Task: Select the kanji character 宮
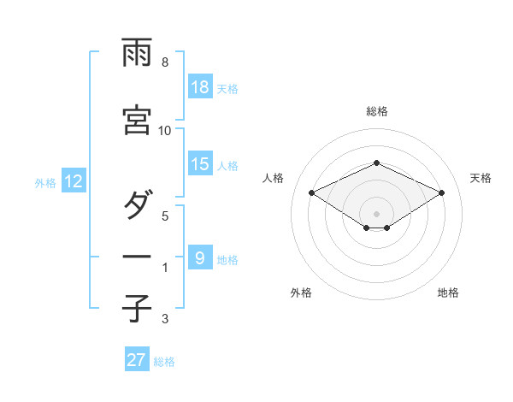pos(138,121)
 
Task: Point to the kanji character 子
pos(138,308)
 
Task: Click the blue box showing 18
pos(200,87)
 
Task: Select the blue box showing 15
pos(200,164)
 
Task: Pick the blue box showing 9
pos(200,257)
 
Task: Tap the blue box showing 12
pos(74,181)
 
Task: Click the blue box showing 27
pos(137,360)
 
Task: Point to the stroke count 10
pos(165,130)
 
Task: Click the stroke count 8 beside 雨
pos(165,62)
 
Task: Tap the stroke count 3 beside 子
pos(165,320)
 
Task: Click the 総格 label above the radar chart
pos(376,111)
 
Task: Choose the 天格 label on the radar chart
pos(481,178)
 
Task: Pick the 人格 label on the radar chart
pos(273,178)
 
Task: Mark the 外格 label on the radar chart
pos(301,293)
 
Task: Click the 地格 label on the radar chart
pos(448,293)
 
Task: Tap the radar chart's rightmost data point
pos(441,192)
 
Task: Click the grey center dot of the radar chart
pos(376,213)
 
